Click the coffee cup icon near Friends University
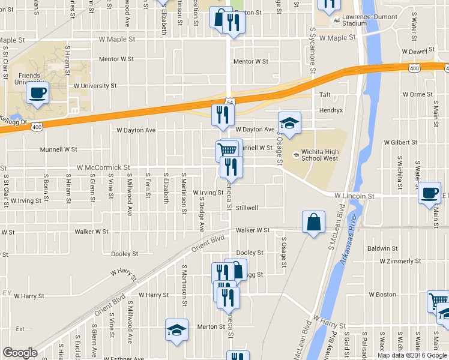[37, 94]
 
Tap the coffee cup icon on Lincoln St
[429, 193]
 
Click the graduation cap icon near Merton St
[176, 330]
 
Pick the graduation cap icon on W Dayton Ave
[289, 124]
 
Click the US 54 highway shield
[230, 102]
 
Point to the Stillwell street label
[246, 208]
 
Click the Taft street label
[325, 95]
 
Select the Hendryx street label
[331, 111]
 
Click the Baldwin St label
[382, 248]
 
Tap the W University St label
[95, 86]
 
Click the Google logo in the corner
[20, 352]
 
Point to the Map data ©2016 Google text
[412, 355]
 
